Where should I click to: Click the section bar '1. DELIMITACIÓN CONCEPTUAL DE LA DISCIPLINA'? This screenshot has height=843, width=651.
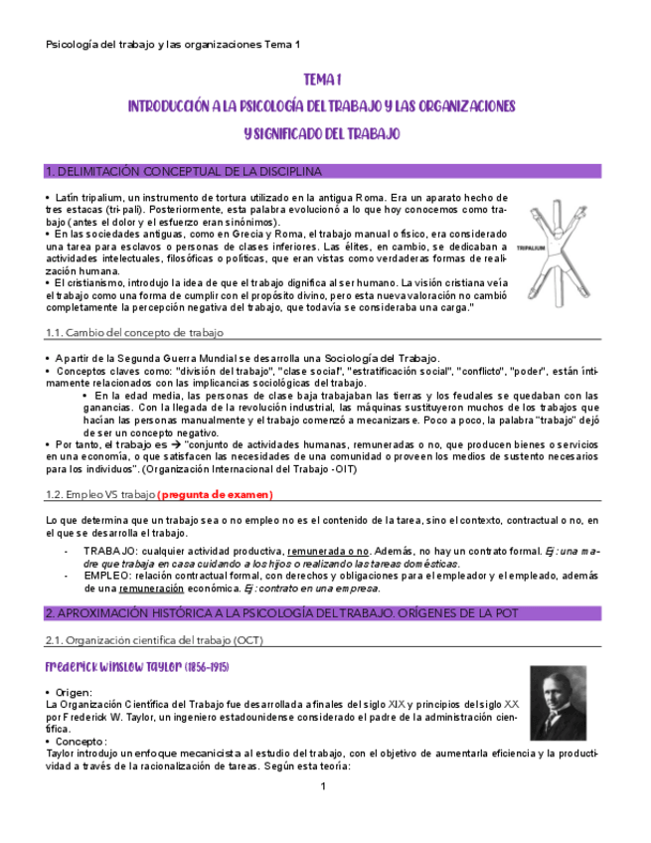point(184,171)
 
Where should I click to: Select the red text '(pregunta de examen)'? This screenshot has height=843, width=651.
point(215,494)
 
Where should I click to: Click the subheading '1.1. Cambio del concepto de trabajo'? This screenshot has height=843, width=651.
point(134,332)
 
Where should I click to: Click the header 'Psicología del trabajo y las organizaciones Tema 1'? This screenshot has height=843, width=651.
point(173,45)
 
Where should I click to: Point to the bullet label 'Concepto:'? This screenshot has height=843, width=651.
point(82,741)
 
